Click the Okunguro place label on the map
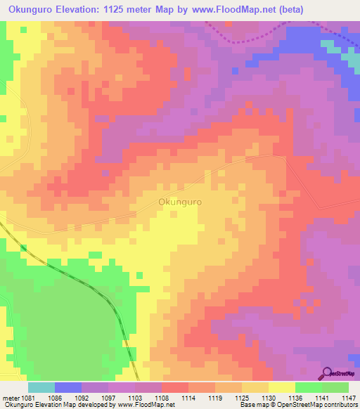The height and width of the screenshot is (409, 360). pos(181,202)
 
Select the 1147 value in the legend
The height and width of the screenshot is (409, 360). pos(340,397)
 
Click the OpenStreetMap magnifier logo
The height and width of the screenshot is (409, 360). pos(328,373)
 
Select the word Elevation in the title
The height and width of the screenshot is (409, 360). pos(94,10)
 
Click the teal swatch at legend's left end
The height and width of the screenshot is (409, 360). pos(41,387)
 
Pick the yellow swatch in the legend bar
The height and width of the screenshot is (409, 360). pos(282,387)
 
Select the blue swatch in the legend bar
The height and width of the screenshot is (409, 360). pos(68,387)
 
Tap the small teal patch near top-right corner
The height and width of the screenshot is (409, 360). pos(329,46)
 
